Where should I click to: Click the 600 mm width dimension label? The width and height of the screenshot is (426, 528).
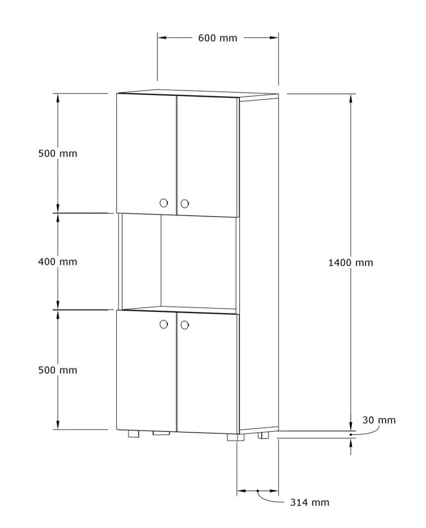217,38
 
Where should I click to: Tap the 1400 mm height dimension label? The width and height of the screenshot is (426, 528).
350,263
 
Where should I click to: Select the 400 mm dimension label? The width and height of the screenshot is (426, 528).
58,262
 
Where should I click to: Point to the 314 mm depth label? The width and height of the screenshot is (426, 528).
310,502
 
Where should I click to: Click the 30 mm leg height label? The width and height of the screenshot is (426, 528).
379,420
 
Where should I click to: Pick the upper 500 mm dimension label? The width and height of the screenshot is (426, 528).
58,153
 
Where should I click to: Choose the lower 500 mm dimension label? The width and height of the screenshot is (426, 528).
58,370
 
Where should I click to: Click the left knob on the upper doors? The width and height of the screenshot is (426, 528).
164,203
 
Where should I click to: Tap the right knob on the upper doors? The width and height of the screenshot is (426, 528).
185,204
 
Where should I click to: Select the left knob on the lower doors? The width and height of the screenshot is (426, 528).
164,324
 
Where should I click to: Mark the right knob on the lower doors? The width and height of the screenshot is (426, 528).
185,325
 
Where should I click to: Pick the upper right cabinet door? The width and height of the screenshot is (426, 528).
207,156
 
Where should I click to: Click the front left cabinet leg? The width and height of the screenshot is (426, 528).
134,434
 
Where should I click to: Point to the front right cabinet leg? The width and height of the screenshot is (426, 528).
236,438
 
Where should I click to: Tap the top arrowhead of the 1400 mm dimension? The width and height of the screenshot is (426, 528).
351,98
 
